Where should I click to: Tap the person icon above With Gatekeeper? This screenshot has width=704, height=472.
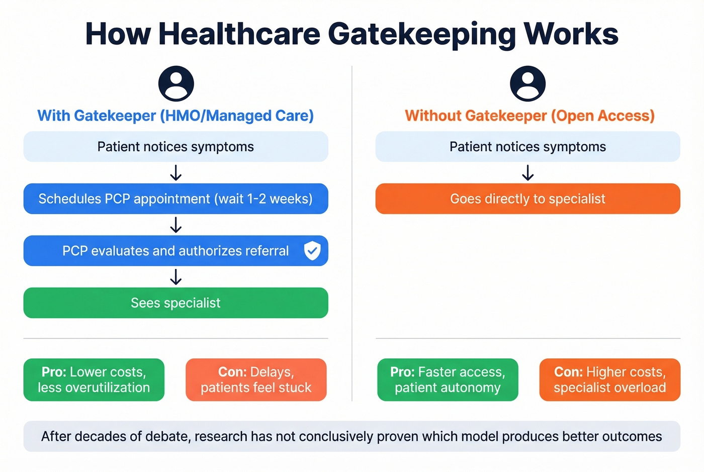[176, 83]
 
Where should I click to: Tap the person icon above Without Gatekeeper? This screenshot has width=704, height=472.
[527, 83]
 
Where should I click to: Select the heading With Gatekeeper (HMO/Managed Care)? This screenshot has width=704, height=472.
[175, 116]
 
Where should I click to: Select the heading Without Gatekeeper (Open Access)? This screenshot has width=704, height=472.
[530, 116]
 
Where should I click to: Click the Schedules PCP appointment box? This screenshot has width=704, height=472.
[175, 199]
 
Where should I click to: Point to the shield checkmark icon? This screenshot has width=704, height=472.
[312, 250]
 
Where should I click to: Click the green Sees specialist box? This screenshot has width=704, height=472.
[175, 303]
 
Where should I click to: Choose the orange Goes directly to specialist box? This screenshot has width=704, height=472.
[527, 199]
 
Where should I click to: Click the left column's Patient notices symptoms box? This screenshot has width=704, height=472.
[175, 147]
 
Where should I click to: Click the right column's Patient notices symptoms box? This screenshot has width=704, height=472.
[527, 147]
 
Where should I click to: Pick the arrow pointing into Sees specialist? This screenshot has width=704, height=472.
[175, 277]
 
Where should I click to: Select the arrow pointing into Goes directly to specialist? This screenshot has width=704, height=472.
[527, 173]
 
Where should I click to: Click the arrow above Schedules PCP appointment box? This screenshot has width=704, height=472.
[175, 173]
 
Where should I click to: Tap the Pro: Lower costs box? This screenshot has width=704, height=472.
[94, 380]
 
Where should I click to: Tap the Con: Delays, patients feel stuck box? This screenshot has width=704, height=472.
[256, 380]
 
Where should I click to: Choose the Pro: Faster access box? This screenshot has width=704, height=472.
[448, 380]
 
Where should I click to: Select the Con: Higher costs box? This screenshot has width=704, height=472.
[609, 380]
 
